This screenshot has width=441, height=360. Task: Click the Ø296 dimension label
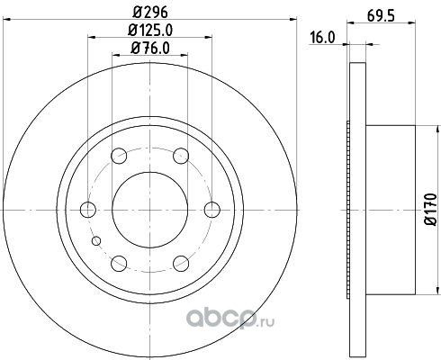point(149,13)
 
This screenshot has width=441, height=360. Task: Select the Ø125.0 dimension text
point(150,31)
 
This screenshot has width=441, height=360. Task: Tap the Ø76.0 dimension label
point(150,49)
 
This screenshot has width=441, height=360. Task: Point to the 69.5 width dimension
point(381,16)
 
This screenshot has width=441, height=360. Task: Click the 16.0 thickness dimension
point(322,38)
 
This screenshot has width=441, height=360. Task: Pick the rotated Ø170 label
point(431,209)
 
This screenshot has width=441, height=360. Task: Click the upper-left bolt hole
point(119,156)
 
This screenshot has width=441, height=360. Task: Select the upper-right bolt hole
point(181,156)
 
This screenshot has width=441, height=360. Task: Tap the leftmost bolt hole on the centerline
point(88,210)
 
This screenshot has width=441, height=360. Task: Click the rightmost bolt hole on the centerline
point(212,210)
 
